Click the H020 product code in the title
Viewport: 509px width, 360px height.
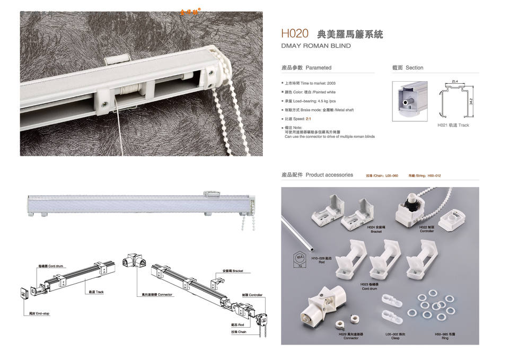point(295,33)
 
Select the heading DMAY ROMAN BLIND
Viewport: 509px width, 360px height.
point(316,46)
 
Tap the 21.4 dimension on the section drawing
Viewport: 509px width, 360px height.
point(455,81)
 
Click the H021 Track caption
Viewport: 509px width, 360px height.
point(453,126)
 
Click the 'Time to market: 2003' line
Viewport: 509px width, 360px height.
point(310,83)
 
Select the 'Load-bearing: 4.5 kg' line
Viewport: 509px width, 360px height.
point(310,101)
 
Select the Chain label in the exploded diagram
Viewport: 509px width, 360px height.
point(239,332)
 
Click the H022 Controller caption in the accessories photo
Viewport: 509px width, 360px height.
point(427,229)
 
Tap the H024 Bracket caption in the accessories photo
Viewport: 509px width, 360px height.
point(376,229)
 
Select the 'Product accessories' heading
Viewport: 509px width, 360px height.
point(317,175)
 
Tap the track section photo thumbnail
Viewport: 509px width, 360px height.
point(409,101)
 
